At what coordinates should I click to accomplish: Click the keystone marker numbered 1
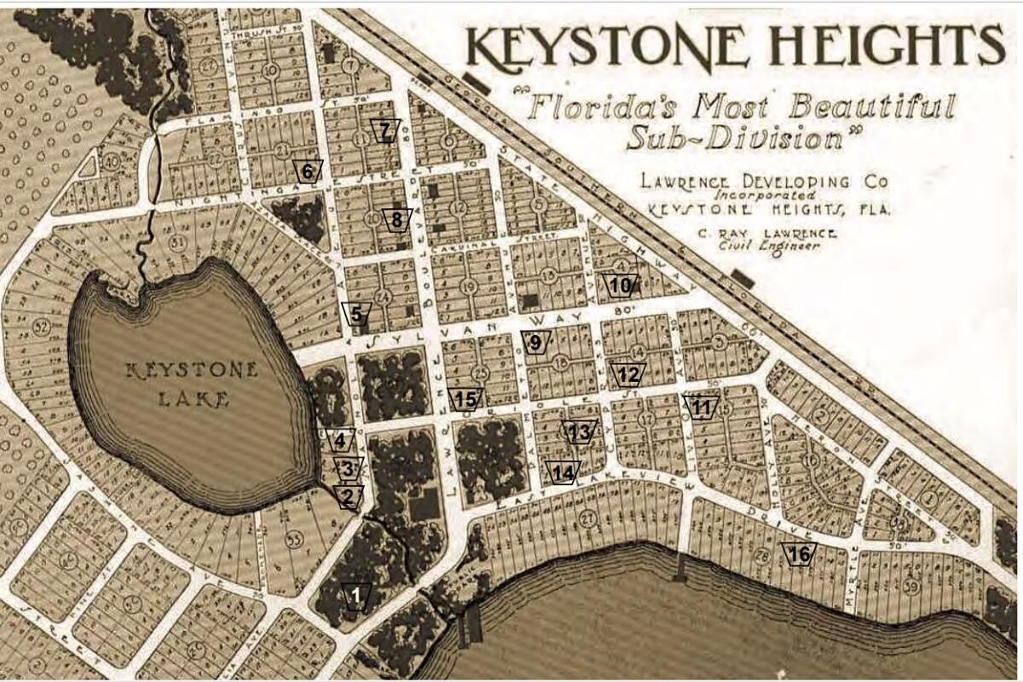click(355, 595)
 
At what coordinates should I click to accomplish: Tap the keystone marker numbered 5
click(356, 314)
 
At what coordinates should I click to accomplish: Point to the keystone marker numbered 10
click(621, 285)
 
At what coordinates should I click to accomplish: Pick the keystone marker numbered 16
click(799, 554)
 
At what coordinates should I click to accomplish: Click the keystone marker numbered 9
click(535, 344)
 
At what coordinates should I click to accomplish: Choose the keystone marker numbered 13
click(578, 432)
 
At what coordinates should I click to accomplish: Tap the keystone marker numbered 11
click(701, 407)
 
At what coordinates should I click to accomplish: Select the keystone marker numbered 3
click(347, 468)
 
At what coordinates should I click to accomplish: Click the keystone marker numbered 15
click(465, 399)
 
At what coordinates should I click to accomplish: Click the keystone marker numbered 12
click(628, 374)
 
